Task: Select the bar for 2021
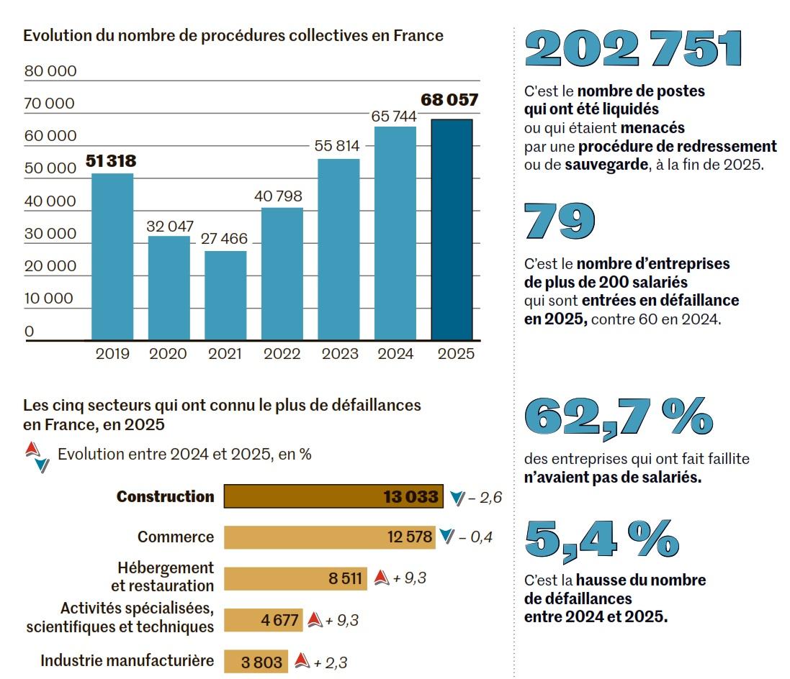pos(225,295)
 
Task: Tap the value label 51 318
pos(111,161)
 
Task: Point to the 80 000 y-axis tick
pos(50,71)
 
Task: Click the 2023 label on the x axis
pos(338,354)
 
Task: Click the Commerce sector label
pos(176,537)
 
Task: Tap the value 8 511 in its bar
pos(345,578)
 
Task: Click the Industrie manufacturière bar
pos(256,662)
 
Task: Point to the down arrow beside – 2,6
pos(457,497)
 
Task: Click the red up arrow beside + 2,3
pos(302,661)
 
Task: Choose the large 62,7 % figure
pos(619,417)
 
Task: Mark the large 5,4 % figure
pos(601,538)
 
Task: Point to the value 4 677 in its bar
pos(280,620)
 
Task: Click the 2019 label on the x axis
pos(112,354)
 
